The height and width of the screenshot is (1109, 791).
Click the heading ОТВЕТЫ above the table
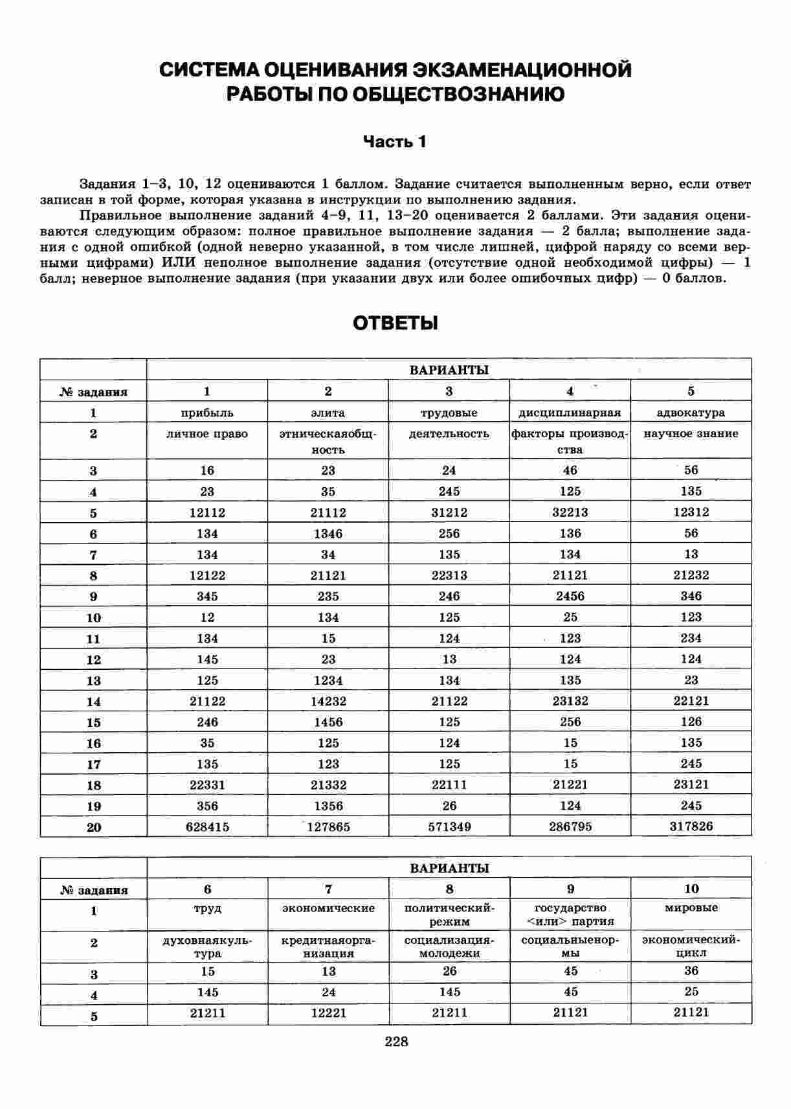tap(395, 323)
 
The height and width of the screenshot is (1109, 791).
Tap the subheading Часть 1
tap(394, 142)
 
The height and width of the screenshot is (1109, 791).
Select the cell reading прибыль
tap(207, 413)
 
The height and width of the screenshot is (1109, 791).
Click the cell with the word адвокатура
tap(691, 413)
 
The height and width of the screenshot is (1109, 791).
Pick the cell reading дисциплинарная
tap(570, 413)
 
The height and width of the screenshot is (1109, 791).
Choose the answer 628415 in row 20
tap(207, 827)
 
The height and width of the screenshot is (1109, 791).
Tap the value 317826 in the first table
tap(691, 827)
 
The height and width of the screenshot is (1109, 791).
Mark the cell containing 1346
tap(328, 534)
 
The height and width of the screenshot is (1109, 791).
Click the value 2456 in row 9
tap(570, 597)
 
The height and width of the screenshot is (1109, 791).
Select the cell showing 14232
tap(328, 701)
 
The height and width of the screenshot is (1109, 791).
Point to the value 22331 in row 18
tap(207, 785)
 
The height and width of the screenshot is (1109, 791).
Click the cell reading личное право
tap(207, 434)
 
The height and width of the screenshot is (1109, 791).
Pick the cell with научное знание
tap(691, 434)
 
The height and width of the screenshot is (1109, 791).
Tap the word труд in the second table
tap(207, 909)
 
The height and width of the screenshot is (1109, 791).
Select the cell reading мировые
tap(691, 908)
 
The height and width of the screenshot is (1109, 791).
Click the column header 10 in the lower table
tap(691, 889)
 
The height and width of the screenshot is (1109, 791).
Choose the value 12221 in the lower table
tap(328, 1012)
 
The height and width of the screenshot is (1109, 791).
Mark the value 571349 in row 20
tap(449, 827)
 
